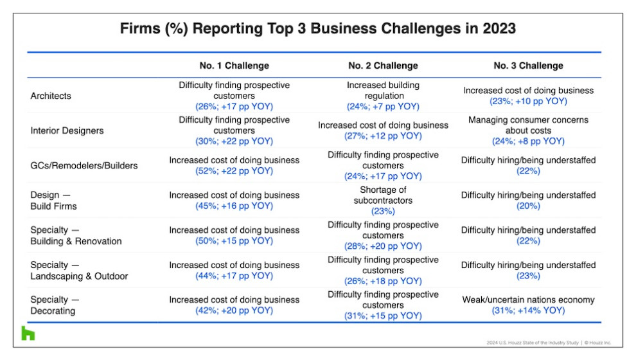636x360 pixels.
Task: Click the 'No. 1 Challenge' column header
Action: click(234, 66)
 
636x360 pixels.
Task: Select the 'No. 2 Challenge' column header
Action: click(383, 66)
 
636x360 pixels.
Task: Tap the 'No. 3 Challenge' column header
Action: click(528, 66)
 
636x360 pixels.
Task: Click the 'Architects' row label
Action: click(51, 96)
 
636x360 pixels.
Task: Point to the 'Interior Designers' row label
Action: click(67, 130)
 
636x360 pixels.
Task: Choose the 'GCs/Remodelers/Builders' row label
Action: click(84, 166)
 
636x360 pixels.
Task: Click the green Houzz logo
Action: click(28, 333)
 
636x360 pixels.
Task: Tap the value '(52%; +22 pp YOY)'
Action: click(234, 171)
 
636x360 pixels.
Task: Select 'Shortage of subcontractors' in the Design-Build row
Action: click(383, 195)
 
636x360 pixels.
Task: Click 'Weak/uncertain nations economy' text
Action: click(528, 300)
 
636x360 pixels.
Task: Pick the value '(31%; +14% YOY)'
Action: click(528, 310)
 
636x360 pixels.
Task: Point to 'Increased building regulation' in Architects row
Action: click(384, 91)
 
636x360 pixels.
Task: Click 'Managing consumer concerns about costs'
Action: click(528, 125)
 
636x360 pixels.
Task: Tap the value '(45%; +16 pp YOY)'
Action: click(234, 206)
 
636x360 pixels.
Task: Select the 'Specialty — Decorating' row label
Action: click(55, 305)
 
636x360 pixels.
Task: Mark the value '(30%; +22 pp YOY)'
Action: click(234, 141)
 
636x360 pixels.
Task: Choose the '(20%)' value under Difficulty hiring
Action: click(528, 206)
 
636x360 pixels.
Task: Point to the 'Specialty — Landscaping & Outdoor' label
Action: click(79, 270)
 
